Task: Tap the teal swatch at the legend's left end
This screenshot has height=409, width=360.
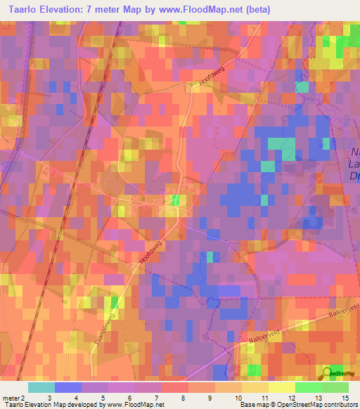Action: point(41,388)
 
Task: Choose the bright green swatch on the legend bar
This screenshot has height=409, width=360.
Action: point(308,388)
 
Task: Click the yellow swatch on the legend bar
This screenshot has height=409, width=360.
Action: point(281,388)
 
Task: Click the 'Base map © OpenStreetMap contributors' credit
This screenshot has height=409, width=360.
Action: point(298,404)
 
